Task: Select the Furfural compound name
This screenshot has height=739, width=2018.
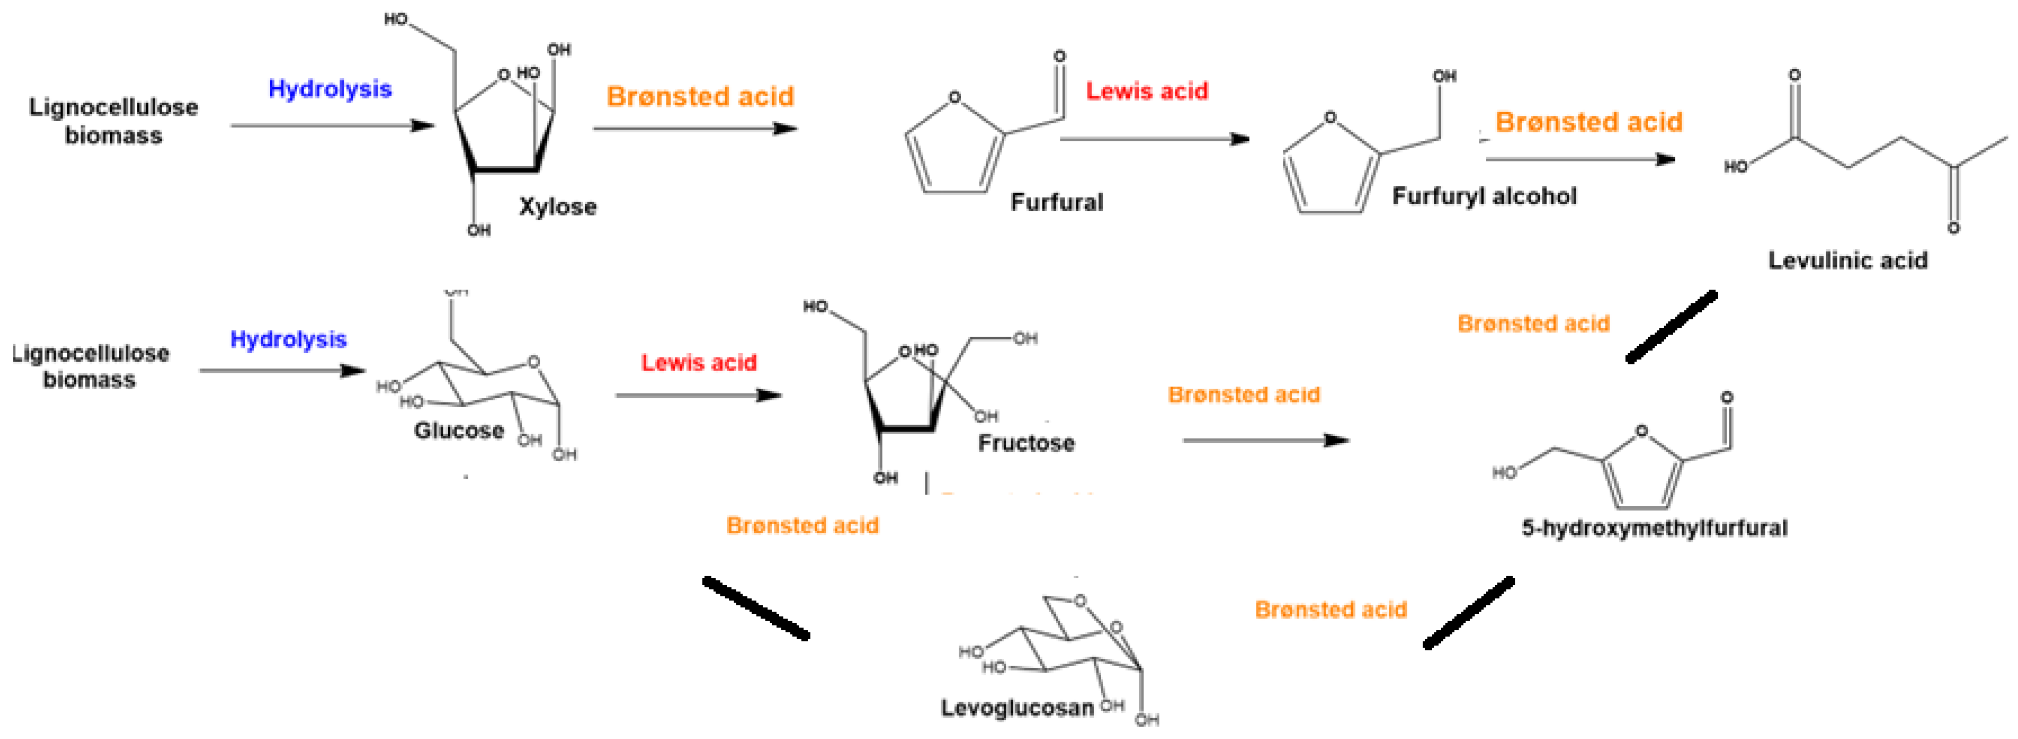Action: pos(1056,202)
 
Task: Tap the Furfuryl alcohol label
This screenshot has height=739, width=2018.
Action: pos(1484,196)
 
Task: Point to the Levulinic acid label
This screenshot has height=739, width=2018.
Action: pos(1847,260)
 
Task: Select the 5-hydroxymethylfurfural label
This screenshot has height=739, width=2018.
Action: pos(1654,528)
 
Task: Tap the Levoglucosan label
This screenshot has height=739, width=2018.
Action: pos(1017,708)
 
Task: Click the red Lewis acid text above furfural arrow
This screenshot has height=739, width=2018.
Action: pos(1146,91)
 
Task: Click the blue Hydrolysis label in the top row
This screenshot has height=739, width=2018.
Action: pos(330,88)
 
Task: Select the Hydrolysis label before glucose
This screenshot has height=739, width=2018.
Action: pos(288,339)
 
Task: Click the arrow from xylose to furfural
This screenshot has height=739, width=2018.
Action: pos(695,128)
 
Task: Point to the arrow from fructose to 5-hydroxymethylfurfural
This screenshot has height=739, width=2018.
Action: pos(1265,440)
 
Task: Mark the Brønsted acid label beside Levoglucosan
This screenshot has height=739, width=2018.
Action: pos(1330,609)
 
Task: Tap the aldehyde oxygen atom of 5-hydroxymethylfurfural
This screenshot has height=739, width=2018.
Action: pos(1726,398)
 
